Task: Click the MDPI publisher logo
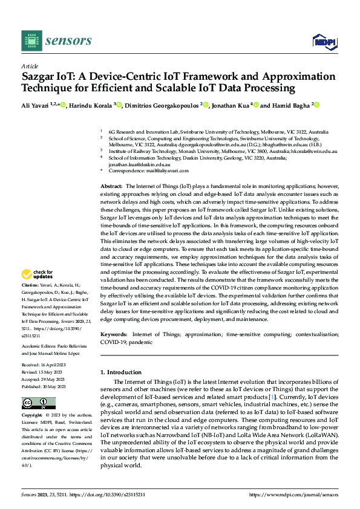pyautogui.click(x=323, y=41)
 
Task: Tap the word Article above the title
pyautogui.click(x=30, y=66)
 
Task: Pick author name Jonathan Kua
pyautogui.click(x=232, y=105)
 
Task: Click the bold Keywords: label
pyautogui.click(x=113, y=334)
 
